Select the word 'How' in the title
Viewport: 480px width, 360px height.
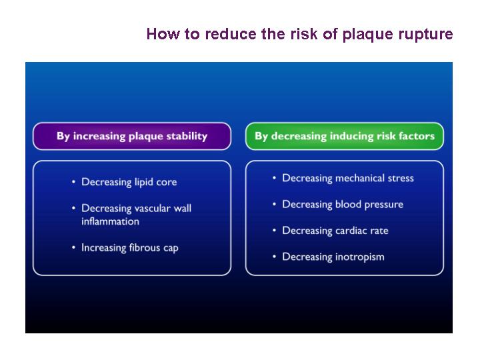163,34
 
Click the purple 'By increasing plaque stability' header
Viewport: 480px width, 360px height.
132,136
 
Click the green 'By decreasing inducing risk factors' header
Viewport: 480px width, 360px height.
345,136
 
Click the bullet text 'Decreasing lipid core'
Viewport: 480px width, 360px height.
129,182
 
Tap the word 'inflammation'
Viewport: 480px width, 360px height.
110,221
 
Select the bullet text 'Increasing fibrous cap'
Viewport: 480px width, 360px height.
130,247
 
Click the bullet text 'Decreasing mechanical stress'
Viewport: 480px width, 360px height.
348,178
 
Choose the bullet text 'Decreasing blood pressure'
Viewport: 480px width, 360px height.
343,205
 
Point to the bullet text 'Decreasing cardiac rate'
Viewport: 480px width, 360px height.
335,231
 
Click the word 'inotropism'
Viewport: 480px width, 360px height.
359,257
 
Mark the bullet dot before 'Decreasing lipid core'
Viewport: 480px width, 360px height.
73,182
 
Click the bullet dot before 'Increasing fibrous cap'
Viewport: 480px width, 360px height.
73,247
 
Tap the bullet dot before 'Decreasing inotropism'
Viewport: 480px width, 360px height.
274,257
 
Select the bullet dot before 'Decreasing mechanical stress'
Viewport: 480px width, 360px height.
274,178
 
